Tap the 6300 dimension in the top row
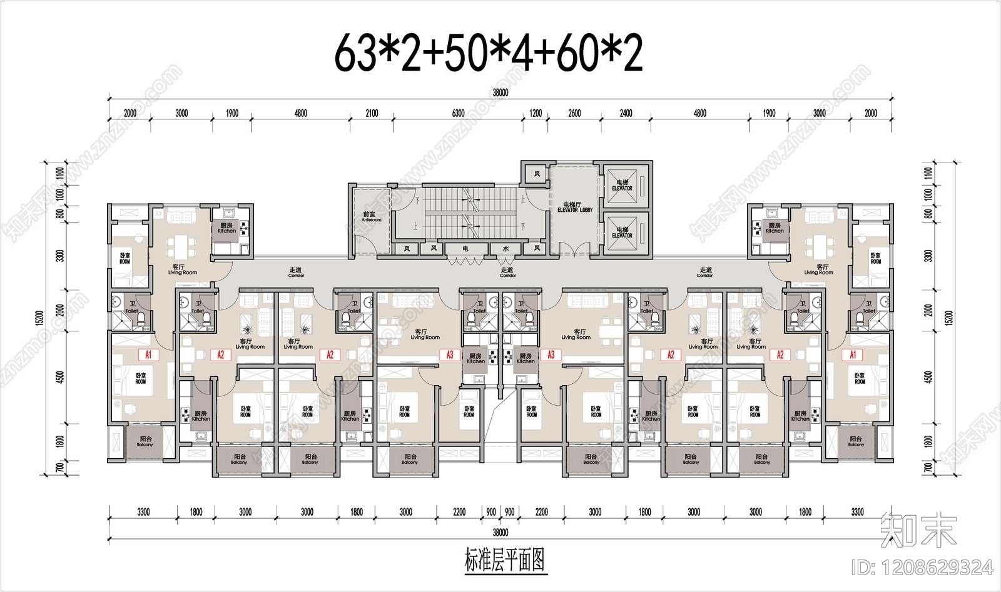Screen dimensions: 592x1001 pyautogui.click(x=458, y=113)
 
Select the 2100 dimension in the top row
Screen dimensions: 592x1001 pyautogui.click(x=372, y=113)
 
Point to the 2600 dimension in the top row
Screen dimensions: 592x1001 pyautogui.click(x=574, y=113)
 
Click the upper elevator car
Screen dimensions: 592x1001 pyautogui.click(x=622, y=186)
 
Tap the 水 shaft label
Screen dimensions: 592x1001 pyautogui.click(x=506, y=249)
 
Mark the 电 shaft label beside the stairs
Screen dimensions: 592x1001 pyautogui.click(x=465, y=249)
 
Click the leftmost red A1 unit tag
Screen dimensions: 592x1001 pyautogui.click(x=148, y=355)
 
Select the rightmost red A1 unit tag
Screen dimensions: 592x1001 pyautogui.click(x=852, y=355)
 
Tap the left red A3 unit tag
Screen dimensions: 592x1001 pyautogui.click(x=449, y=355)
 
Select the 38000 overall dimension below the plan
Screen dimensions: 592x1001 pyautogui.click(x=500, y=533)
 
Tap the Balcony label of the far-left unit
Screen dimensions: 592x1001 pyautogui.click(x=145, y=442)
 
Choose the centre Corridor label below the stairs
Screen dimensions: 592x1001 pyautogui.click(x=507, y=272)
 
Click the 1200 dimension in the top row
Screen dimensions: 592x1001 pyautogui.click(x=536, y=113)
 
